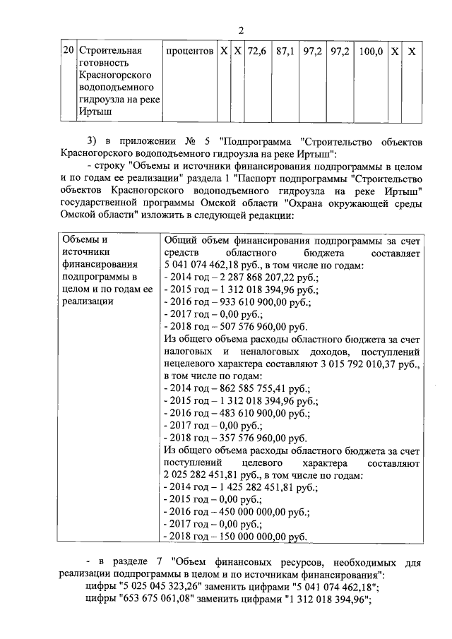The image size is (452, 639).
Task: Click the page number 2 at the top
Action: coord(240,30)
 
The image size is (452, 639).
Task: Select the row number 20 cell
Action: coord(67,52)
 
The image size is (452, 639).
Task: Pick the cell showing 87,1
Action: coord(285,52)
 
